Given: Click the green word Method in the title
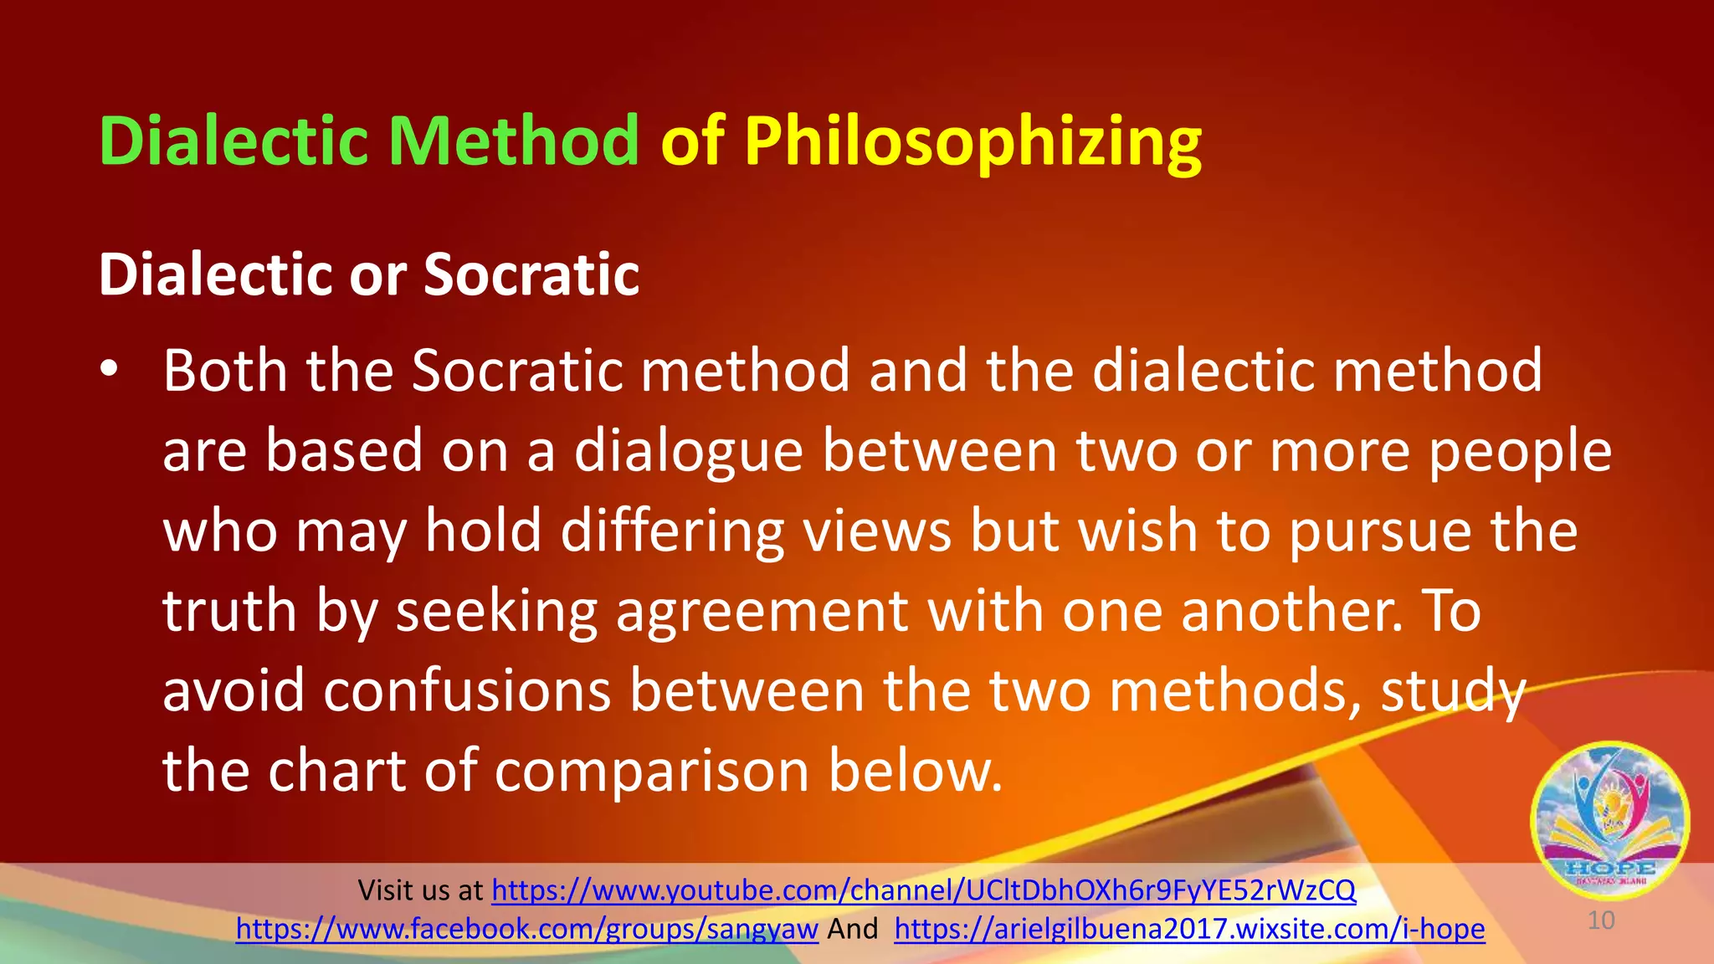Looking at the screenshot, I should click(513, 141).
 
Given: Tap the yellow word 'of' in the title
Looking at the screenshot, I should click(692, 141).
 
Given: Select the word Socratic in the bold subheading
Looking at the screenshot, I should click(531, 274).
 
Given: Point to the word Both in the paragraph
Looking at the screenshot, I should click(224, 370).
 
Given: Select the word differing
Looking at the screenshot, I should click(672, 532).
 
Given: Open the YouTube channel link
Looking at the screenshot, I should click(923, 890).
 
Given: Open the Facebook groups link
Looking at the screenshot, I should click(526, 929).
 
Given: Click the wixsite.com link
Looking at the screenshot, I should click(1189, 929).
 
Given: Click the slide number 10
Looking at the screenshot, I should click(1600, 920).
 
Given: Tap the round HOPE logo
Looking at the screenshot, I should click(1609, 818).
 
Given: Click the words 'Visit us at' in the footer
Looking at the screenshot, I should click(420, 890).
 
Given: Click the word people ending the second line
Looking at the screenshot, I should click(1519, 452).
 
